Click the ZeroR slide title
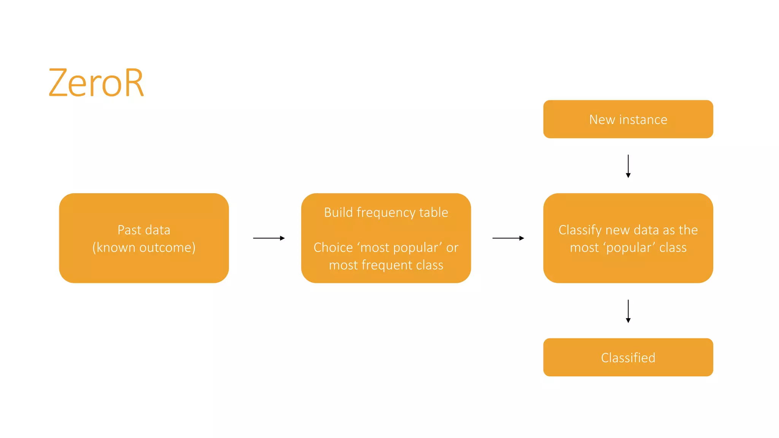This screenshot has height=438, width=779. point(96,83)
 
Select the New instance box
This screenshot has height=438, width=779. point(628,119)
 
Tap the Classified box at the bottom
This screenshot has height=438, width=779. point(628,357)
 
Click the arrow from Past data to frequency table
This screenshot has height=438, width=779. point(269,238)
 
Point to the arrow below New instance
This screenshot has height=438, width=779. point(628,166)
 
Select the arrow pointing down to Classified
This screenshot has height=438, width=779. point(628,311)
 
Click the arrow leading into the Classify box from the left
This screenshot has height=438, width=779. point(508,238)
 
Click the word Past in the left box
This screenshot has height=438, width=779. point(129,230)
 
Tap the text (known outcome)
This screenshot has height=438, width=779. point(144,248)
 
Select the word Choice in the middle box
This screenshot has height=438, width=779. point(333,248)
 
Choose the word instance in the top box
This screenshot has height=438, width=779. point(643,119)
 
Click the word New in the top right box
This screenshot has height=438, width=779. point(602,119)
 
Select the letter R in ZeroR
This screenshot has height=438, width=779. point(134,83)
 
